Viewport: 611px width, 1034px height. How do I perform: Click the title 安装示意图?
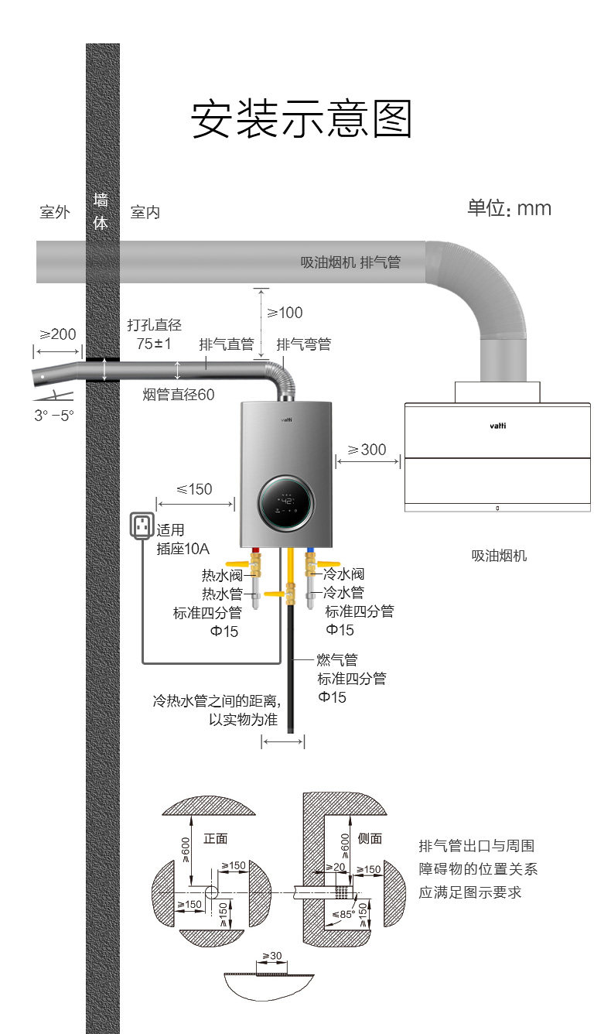coord(301,118)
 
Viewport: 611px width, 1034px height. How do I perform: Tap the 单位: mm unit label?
coord(509,208)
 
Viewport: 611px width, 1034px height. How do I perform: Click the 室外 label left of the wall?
coord(55,212)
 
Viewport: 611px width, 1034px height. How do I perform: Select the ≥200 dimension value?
coord(58,334)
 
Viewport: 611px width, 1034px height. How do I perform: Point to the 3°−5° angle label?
coord(54,415)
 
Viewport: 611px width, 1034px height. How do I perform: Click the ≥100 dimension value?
coord(285,313)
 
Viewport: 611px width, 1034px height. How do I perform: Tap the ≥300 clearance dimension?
coord(367,449)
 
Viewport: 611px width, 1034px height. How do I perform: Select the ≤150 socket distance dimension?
coord(194,489)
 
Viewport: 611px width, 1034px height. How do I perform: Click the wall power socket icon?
coord(142,526)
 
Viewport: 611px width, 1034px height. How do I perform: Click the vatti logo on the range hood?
coord(497,426)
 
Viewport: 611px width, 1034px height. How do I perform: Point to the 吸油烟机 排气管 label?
coord(350,262)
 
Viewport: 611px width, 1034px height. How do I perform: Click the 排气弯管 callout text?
coord(304,344)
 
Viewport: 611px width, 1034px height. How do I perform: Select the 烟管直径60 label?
coord(179,395)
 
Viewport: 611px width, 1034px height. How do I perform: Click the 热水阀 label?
coord(222,576)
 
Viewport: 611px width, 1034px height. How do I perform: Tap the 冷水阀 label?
coord(343,573)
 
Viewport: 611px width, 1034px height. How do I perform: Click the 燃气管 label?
coord(337,659)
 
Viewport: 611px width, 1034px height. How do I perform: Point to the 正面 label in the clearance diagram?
coord(215,838)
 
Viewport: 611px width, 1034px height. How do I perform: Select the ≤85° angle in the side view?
coord(343,913)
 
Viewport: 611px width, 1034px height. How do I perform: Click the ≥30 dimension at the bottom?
coord(272,956)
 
